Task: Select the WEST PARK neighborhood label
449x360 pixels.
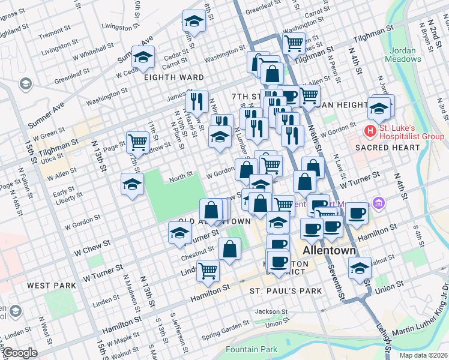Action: [50, 286]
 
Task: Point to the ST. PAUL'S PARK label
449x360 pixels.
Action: [286, 291]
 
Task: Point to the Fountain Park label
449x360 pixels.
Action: [252, 349]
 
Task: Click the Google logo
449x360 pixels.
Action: [20, 352]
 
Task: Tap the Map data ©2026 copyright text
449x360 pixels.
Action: [423, 355]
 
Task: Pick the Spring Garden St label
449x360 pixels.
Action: [225, 329]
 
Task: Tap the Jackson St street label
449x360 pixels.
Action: [267, 311]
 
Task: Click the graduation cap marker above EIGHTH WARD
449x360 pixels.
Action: [143, 58]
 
